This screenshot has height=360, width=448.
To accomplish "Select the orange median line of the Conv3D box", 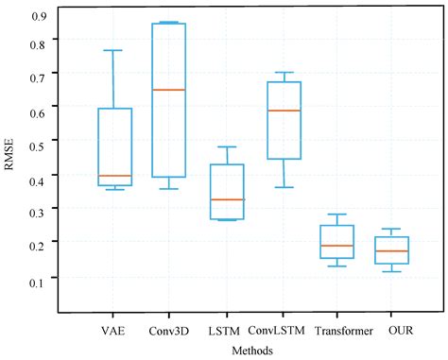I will [x=169, y=90].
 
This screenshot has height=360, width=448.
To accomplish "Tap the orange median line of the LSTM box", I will [x=227, y=199].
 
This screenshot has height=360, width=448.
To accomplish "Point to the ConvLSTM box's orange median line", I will [x=284, y=111].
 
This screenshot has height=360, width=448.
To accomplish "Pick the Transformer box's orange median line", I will [x=337, y=246].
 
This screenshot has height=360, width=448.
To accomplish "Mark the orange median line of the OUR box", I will [x=391, y=250].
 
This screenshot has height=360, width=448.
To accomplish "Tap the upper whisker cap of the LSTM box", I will [x=227, y=146].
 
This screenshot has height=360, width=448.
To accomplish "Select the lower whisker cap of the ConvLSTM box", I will [x=284, y=187].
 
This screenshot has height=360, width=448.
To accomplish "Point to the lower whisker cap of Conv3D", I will [x=169, y=189].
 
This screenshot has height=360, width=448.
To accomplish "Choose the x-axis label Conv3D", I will [x=169, y=331].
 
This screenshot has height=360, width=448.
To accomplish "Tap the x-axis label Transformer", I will [x=337, y=331].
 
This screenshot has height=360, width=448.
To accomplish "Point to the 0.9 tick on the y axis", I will [x=40, y=16].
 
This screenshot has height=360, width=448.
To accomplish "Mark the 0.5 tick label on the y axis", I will [x=40, y=141].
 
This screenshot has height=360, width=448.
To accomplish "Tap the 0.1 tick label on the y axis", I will [x=40, y=282].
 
